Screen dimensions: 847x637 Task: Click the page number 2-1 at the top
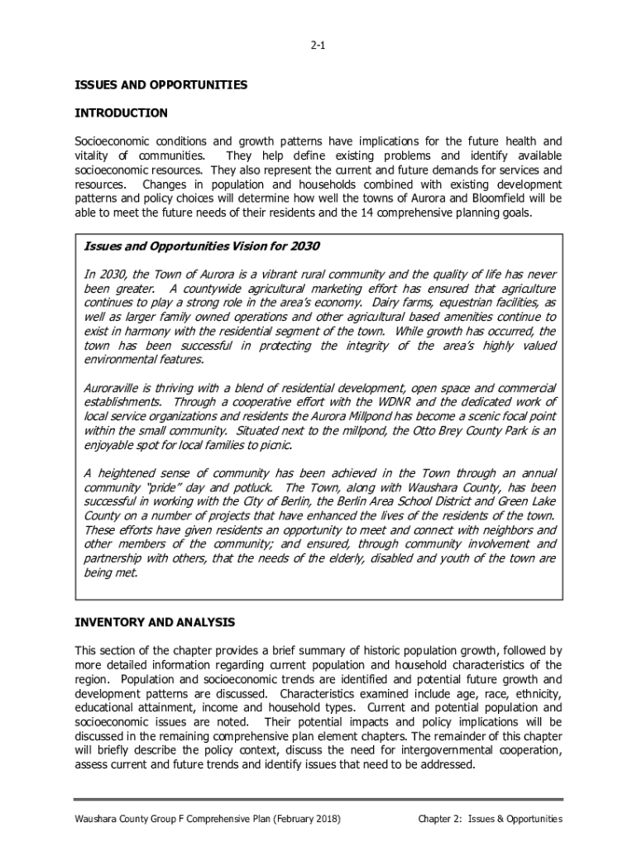coord(318,46)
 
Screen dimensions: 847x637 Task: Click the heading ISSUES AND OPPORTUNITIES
coord(160,85)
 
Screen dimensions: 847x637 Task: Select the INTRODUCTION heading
coord(121,112)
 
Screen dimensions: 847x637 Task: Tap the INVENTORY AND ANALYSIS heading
coord(155,622)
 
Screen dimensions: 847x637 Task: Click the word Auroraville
coord(115,388)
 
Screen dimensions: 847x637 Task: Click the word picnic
coord(273,445)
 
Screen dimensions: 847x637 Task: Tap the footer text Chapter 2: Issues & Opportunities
coord(490,819)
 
